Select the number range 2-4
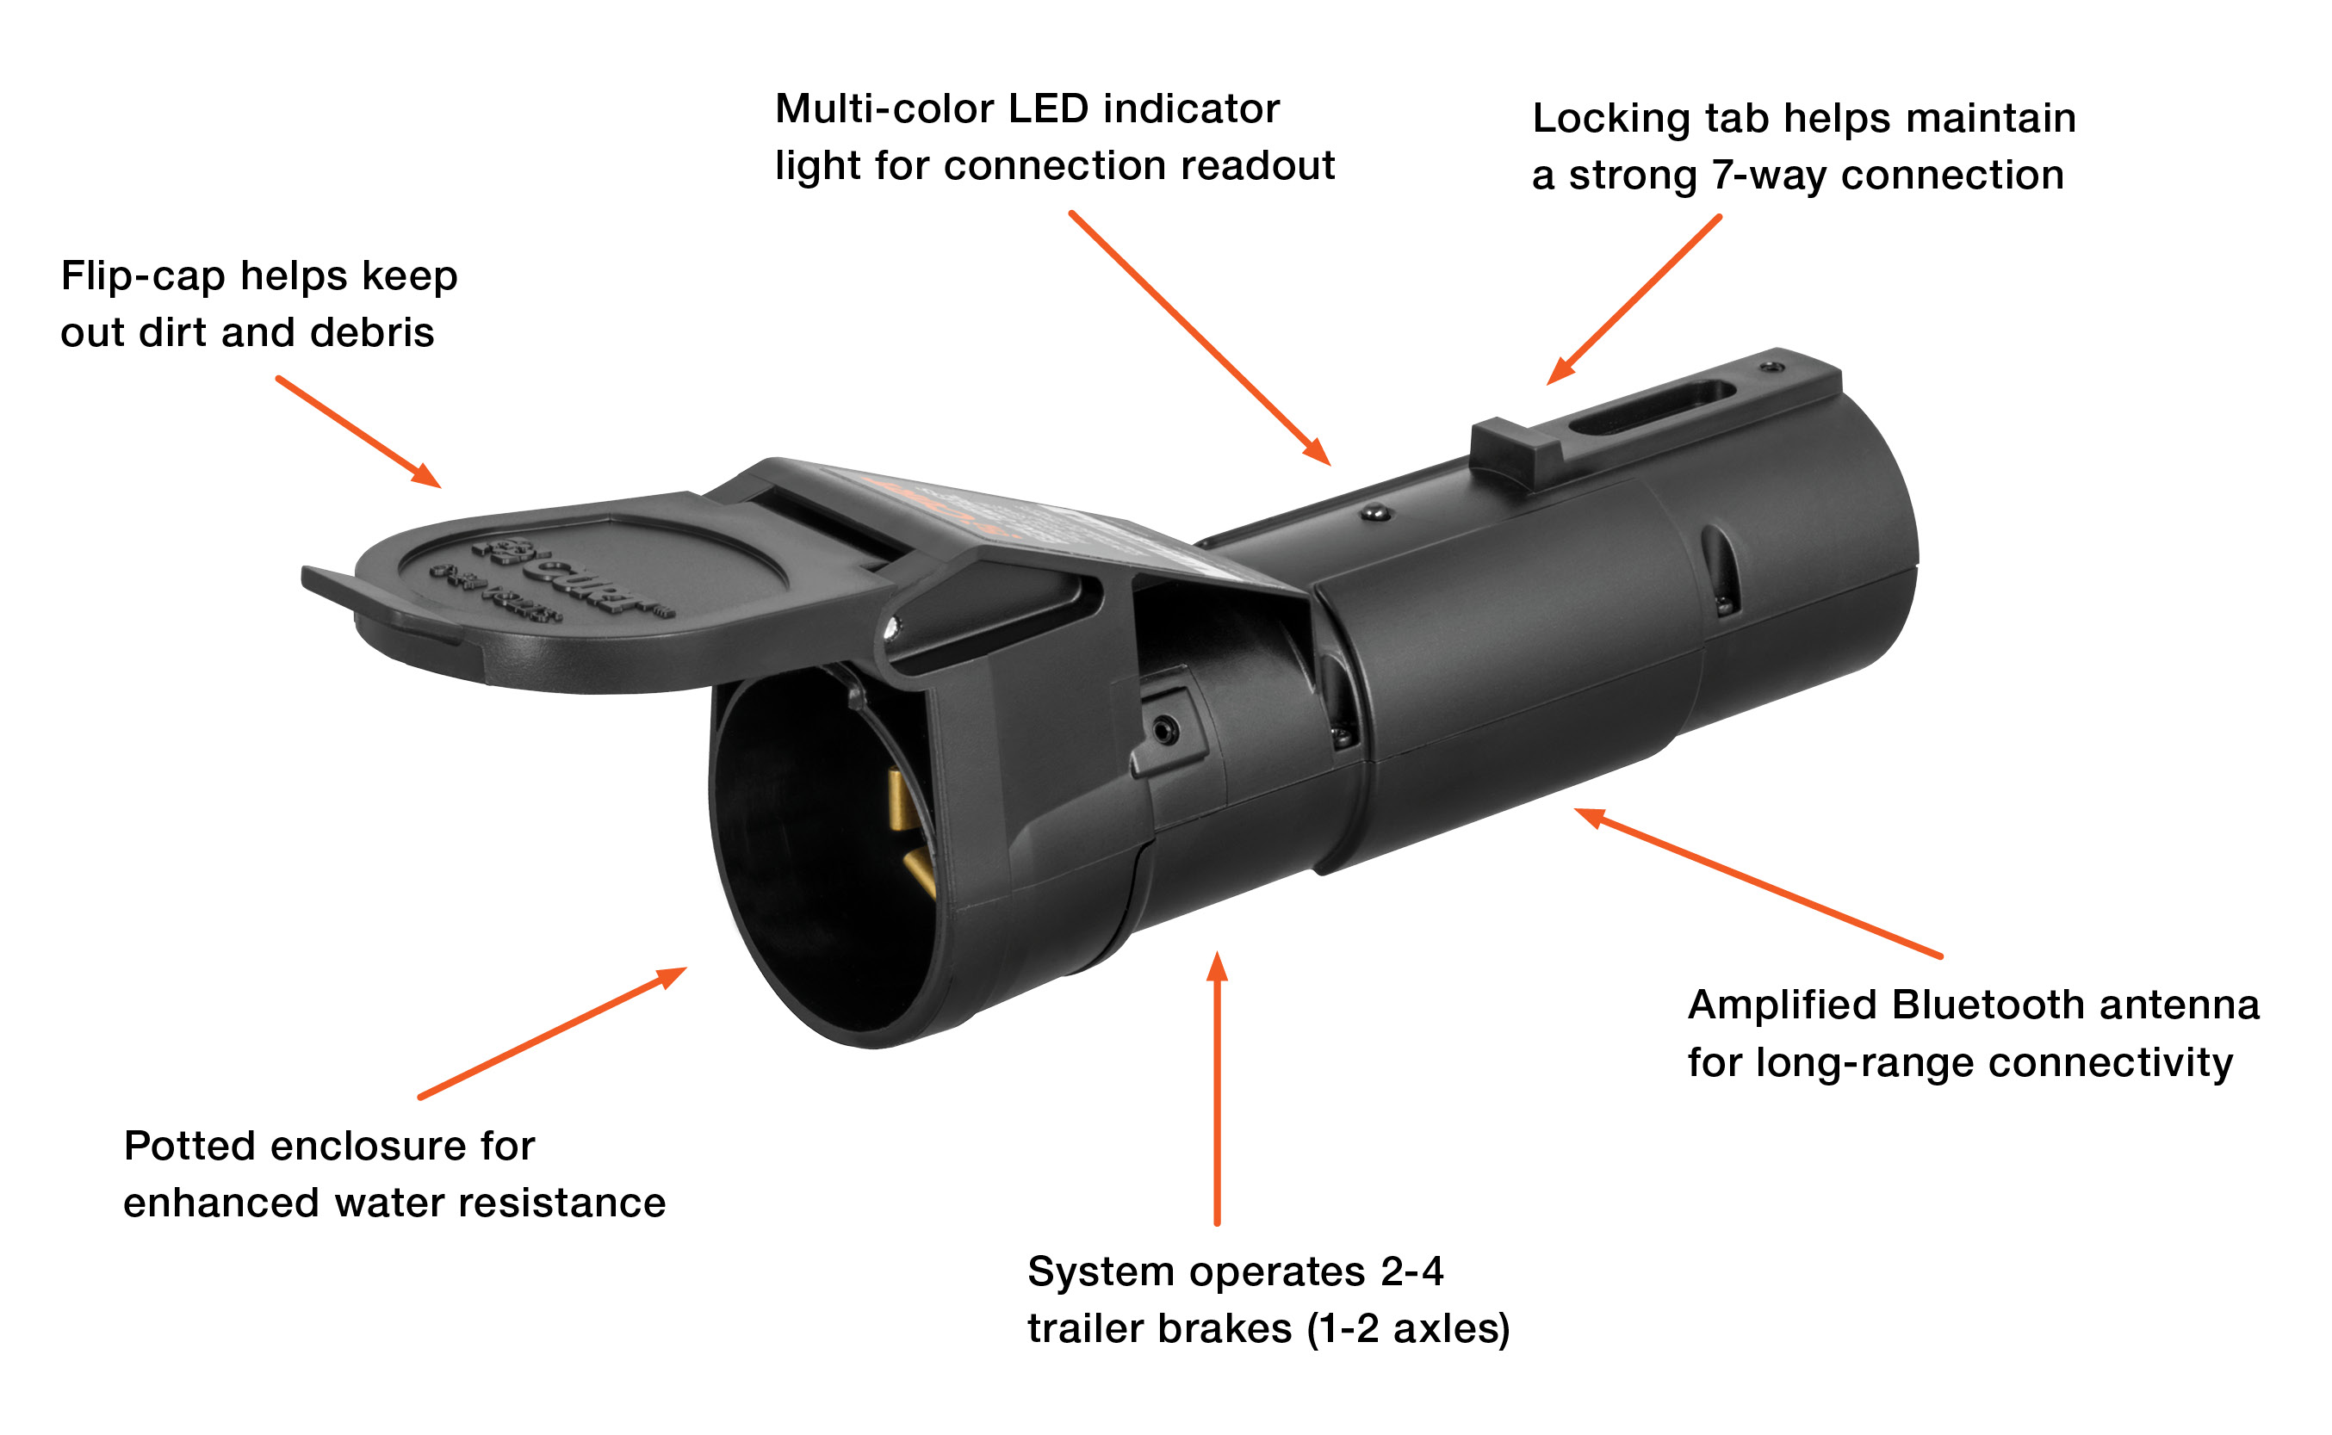1411,1271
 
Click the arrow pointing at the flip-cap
359,432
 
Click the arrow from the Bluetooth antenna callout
1756,881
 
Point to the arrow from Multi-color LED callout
1200,337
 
